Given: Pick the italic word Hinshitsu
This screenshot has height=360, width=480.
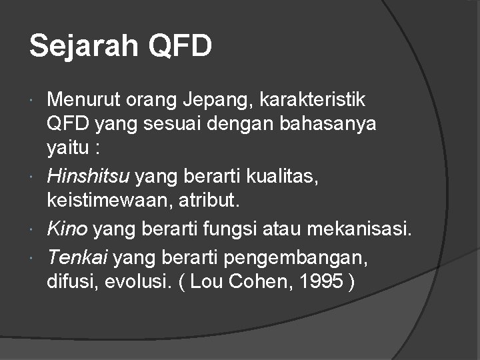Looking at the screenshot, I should tap(89, 177).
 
